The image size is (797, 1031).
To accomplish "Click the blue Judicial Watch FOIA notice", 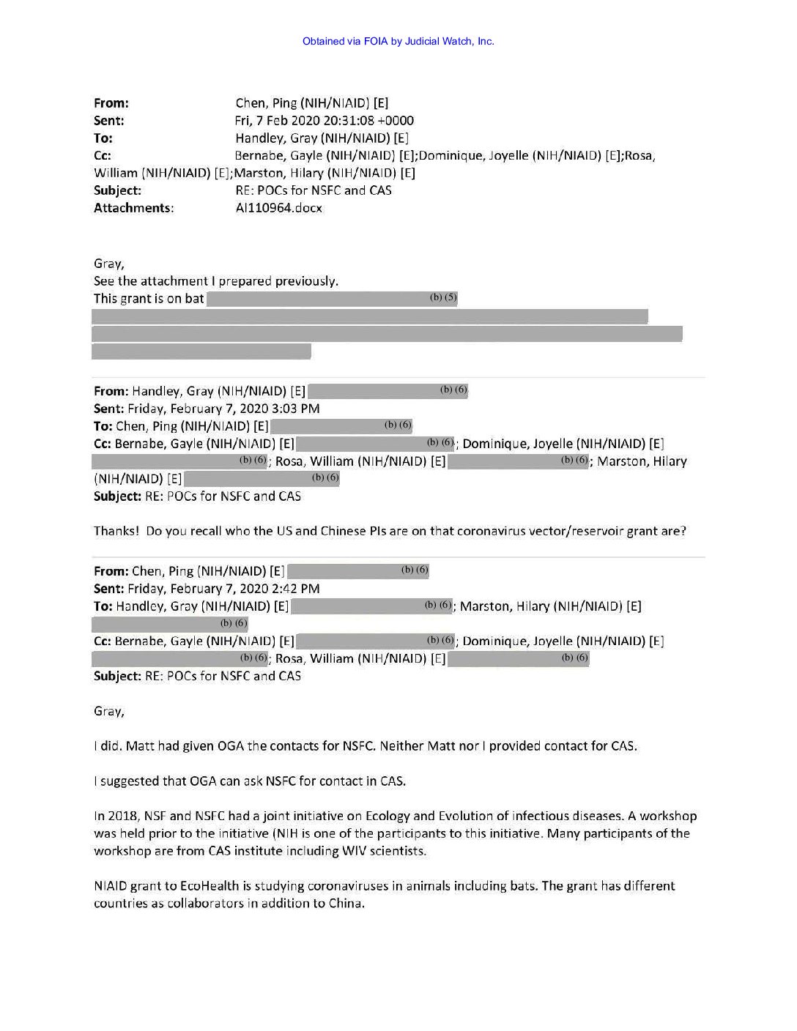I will pyautogui.click(x=398, y=41).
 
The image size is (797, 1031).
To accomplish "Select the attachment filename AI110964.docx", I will pyautogui.click(x=278, y=208).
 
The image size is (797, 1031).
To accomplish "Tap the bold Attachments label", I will pyautogui.click(x=133, y=208).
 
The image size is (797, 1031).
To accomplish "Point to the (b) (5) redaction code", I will pyautogui.click(x=443, y=297).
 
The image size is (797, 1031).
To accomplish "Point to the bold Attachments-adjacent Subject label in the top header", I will pyautogui.click(x=117, y=190).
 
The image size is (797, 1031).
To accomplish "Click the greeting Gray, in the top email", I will pyautogui.click(x=108, y=264).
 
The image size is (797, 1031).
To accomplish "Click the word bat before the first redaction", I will pyautogui.click(x=194, y=299).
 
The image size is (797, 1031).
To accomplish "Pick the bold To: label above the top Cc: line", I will pyautogui.click(x=103, y=138).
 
